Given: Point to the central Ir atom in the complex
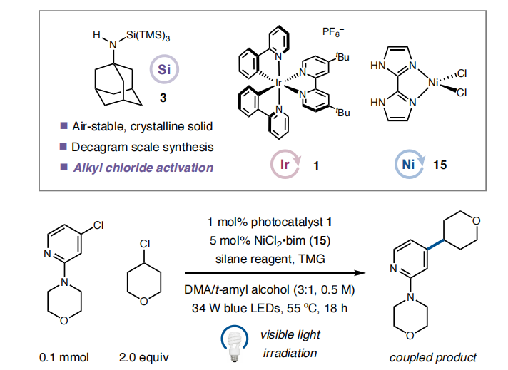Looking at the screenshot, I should click(x=280, y=83).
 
